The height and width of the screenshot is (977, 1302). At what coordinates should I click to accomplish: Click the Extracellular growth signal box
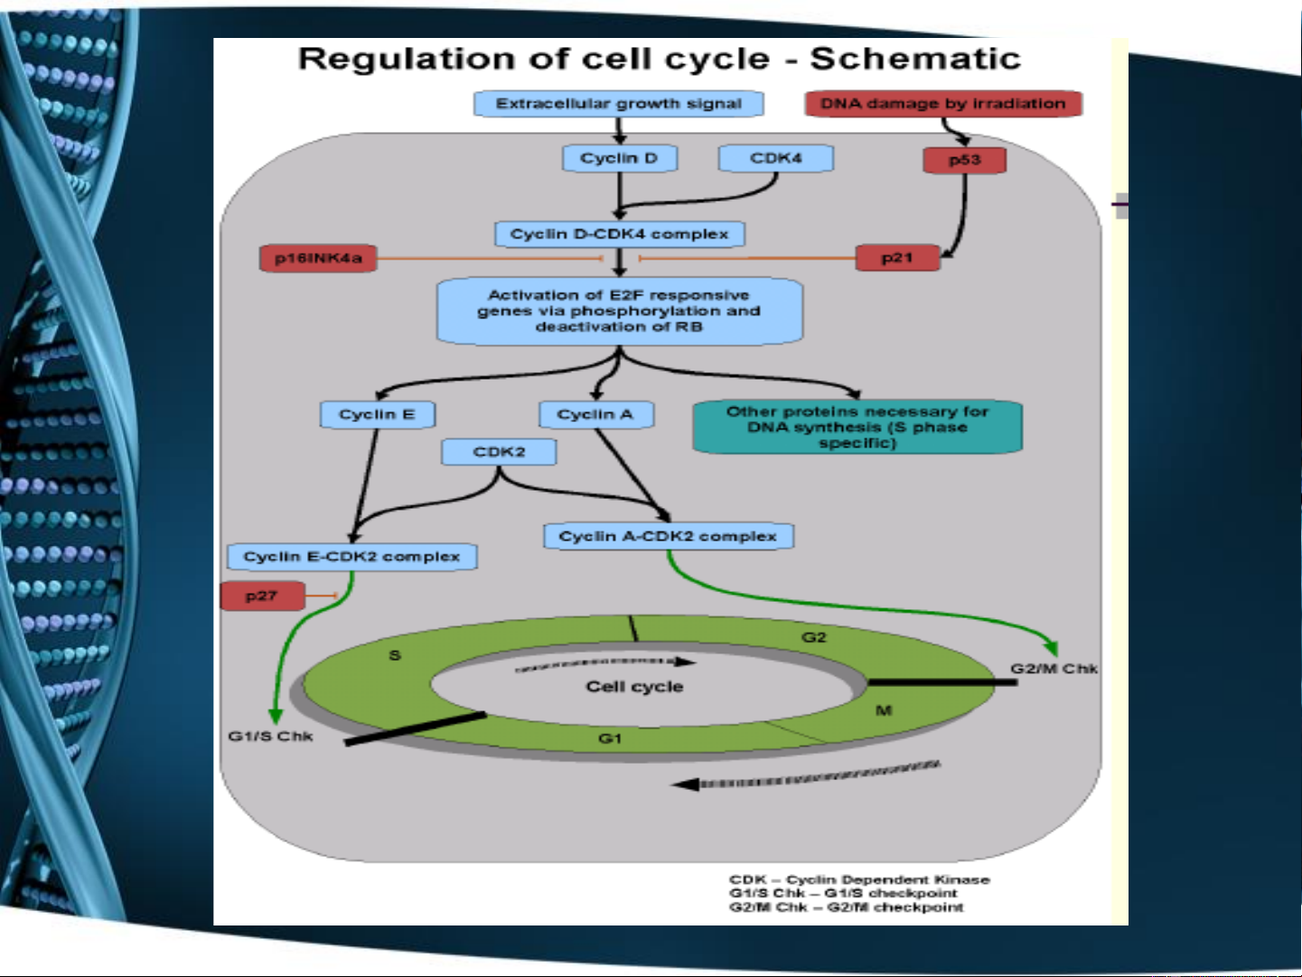[x=619, y=104]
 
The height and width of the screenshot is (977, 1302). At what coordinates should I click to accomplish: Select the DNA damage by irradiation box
[x=943, y=104]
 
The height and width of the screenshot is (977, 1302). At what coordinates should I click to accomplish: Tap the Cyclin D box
[x=619, y=158]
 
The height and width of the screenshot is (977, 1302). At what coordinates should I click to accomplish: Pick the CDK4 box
[x=775, y=158]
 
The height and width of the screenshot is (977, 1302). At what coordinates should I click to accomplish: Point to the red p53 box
[x=964, y=160]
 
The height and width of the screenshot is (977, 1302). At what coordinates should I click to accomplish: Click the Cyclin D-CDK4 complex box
[x=619, y=234]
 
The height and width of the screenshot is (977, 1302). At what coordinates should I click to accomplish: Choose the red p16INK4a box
[x=318, y=258]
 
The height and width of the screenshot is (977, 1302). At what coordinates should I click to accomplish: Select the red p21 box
[x=897, y=258]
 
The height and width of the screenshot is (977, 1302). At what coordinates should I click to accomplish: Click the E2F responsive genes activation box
[x=619, y=311]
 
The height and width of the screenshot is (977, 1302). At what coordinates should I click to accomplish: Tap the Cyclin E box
[x=377, y=415]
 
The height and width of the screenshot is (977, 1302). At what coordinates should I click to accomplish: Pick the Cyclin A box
[x=595, y=415]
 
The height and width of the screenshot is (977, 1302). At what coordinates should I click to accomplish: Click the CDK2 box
[x=499, y=452]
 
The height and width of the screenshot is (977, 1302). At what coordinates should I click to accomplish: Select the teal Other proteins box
[x=857, y=427]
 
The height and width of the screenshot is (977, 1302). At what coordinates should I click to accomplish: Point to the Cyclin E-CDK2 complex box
[x=351, y=557]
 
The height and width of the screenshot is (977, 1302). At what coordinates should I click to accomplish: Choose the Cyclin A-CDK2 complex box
[x=668, y=536]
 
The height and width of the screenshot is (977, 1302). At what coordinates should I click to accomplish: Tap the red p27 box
[x=261, y=597]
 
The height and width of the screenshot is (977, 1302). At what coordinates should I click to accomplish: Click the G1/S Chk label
[x=270, y=737]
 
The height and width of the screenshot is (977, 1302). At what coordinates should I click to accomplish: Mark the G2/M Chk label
[x=1054, y=669]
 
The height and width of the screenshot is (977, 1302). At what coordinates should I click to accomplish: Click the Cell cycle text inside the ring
[x=634, y=687]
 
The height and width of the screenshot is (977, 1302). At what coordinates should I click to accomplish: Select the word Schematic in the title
[x=914, y=59]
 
